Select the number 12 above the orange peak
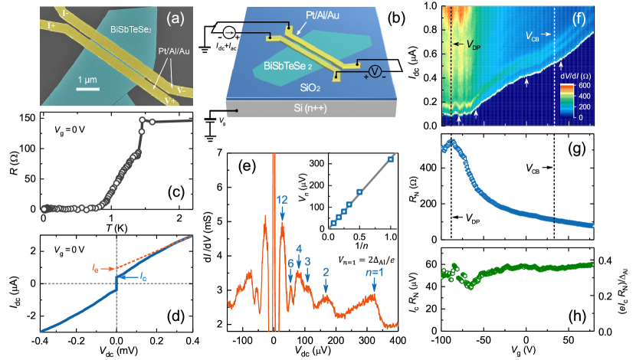pos(282,200)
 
